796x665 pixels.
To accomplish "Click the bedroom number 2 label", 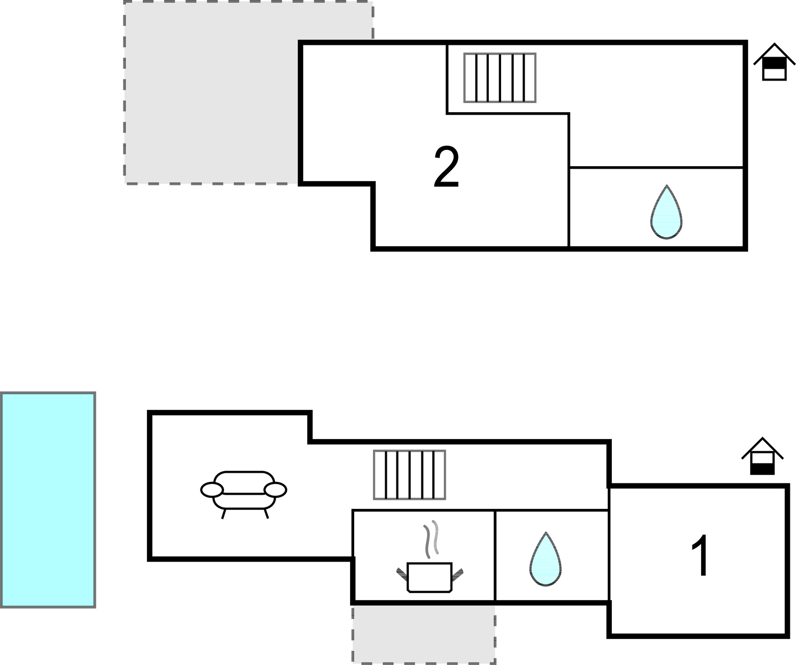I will click(x=446, y=167).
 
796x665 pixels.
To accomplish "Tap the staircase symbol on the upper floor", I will click(x=500, y=78).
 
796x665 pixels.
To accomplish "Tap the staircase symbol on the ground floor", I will click(x=409, y=475).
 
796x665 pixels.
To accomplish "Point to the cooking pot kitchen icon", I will click(x=429, y=577).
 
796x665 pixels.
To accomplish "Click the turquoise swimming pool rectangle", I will click(x=48, y=500).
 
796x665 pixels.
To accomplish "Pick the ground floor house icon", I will click(x=762, y=457).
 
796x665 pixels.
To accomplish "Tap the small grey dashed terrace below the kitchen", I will click(x=424, y=633).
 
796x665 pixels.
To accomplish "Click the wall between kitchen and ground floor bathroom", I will click(x=495, y=555).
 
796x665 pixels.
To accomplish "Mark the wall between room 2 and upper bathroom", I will click(x=569, y=204).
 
